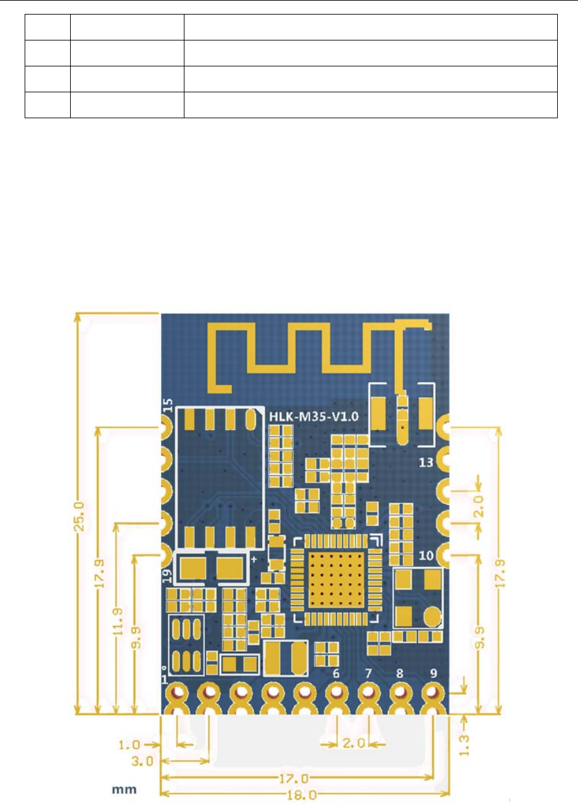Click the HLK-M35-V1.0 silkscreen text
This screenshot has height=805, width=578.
(x=315, y=418)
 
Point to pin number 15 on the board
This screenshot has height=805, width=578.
(x=168, y=405)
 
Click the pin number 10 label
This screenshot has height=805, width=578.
(x=426, y=556)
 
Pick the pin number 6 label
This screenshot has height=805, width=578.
(x=335, y=673)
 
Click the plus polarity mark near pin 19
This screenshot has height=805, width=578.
(x=254, y=560)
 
